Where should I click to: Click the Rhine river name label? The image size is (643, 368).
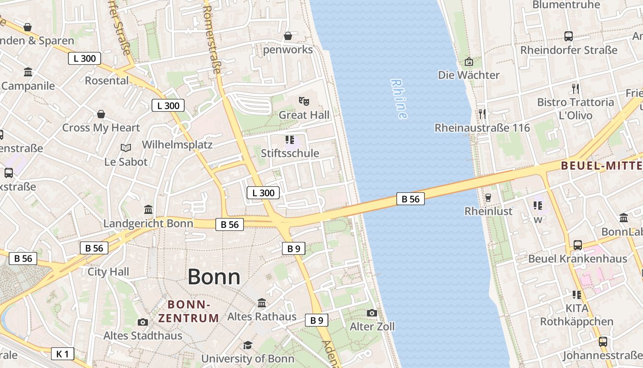click(x=399, y=99)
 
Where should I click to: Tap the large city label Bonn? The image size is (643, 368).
click(x=214, y=277)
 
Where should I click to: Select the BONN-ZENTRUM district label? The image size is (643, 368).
click(x=189, y=311)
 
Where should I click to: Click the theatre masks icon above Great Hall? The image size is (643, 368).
click(x=303, y=100)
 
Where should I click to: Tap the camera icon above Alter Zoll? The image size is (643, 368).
click(x=372, y=313)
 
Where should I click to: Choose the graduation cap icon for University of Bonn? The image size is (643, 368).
click(x=248, y=345)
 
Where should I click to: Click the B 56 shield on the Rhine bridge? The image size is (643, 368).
click(x=411, y=199)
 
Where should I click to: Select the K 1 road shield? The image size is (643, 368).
click(x=62, y=354)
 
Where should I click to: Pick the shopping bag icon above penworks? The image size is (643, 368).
click(x=288, y=36)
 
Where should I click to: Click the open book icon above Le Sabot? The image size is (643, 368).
click(x=126, y=148)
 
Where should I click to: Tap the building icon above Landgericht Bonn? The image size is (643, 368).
click(x=148, y=210)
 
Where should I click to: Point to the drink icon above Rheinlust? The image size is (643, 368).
click(x=488, y=197)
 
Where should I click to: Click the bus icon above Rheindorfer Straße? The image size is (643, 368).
click(x=569, y=36)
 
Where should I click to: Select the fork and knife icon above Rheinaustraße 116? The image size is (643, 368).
click(x=482, y=114)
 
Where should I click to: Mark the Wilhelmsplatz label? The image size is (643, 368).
click(x=177, y=144)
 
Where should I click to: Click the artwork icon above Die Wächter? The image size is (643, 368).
click(x=469, y=61)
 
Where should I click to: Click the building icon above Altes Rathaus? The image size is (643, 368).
click(x=262, y=303)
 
